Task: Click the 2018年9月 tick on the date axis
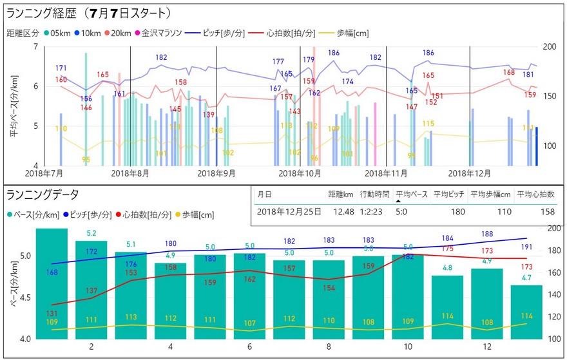tap(216, 174)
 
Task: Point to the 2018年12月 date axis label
tap(470, 174)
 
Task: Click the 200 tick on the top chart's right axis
tap(550, 46)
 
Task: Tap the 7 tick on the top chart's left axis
tap(35, 46)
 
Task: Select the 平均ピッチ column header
tap(448, 194)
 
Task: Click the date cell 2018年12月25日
tap(288, 211)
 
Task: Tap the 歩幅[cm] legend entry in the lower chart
tap(198, 214)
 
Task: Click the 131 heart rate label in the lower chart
tap(52, 313)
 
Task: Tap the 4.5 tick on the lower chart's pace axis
tap(24, 298)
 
